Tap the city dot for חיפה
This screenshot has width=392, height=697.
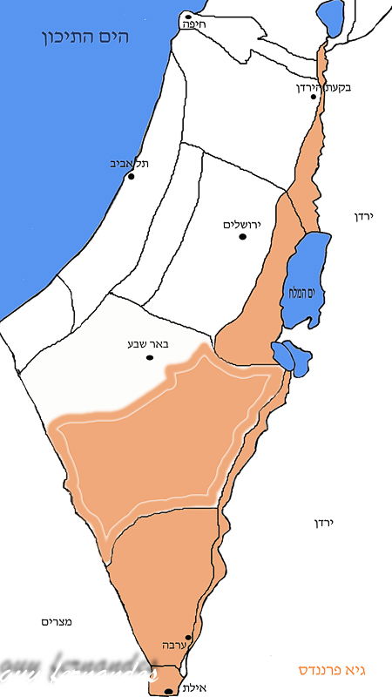coord(187,16)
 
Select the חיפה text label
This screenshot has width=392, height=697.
coord(190,25)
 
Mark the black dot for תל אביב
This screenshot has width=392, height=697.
coord(132,176)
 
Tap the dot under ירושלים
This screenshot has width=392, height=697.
coord(243,237)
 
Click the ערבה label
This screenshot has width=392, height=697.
coord(172,646)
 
